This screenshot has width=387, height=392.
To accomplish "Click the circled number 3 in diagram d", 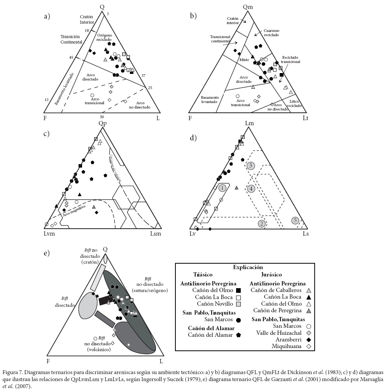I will point(251,166).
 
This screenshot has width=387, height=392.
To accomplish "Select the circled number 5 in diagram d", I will point(296,221).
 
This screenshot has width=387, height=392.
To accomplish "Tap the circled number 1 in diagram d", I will point(222,188).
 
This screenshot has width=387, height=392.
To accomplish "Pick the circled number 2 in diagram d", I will point(262,223).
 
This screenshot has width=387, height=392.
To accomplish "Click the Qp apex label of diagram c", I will point(102,124).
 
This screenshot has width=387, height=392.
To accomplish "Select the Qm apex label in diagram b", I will point(248,7).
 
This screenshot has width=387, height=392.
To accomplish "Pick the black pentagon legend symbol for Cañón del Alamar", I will point(238,334).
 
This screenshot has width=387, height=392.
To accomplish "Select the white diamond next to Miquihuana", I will point(308,346).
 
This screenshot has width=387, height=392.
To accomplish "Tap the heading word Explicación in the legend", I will point(248,267).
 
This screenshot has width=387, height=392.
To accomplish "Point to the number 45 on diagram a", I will point(71,58).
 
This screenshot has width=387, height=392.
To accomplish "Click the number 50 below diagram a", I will point(102,117).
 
